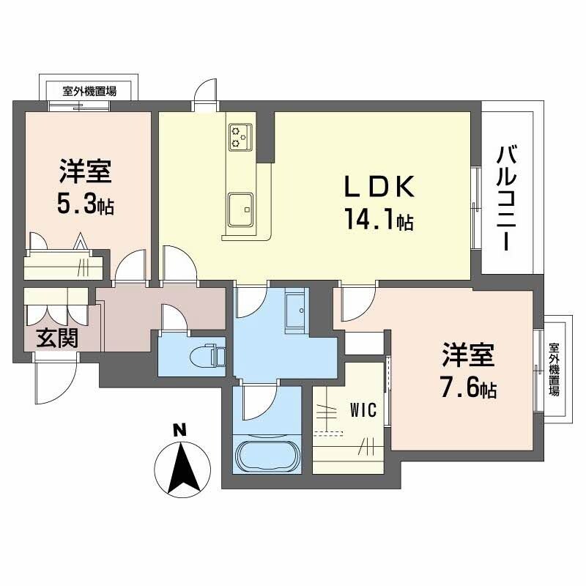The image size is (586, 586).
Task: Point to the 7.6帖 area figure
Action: coord(468,388)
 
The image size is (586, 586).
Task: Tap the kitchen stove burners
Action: coord(240,137)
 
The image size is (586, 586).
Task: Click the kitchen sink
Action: coord(240,210)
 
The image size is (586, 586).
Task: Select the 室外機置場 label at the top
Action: coord(89,92)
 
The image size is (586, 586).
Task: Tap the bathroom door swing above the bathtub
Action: coord(258,403)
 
